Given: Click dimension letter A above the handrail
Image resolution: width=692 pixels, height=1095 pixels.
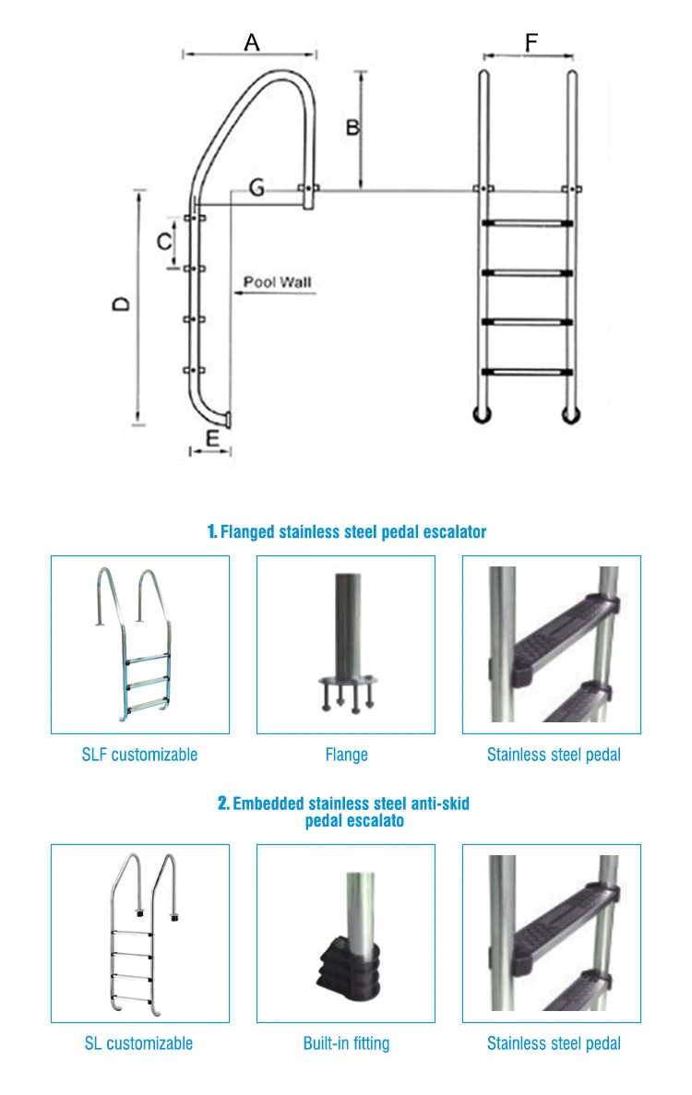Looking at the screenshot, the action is (x=251, y=42).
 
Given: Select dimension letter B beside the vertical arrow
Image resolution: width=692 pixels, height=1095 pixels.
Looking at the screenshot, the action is (x=352, y=127).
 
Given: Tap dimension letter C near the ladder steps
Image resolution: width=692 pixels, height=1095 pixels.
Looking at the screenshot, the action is (x=162, y=242).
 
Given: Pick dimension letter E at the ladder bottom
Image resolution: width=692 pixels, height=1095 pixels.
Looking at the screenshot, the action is (x=211, y=437).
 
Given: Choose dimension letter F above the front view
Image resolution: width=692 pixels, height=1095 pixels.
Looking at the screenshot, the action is (x=531, y=42).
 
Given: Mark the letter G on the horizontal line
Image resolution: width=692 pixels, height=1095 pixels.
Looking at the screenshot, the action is (x=257, y=188).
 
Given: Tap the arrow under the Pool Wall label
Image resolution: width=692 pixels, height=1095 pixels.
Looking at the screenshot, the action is (x=274, y=294).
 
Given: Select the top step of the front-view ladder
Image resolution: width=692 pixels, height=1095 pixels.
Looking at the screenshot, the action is (x=526, y=222).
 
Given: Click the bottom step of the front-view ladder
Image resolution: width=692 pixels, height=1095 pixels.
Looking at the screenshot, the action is (x=526, y=372).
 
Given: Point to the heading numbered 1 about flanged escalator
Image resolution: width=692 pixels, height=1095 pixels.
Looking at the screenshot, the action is (x=346, y=531).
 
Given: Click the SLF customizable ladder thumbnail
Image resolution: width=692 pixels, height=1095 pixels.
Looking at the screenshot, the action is (x=139, y=644).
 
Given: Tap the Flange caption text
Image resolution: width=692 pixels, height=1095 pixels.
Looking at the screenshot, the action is (x=346, y=755).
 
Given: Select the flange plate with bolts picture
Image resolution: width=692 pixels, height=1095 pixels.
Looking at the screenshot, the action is (x=346, y=687).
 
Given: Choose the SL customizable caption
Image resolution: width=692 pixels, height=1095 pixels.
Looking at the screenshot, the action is (x=139, y=1043).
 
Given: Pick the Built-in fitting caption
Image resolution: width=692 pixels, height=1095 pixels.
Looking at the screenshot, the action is (x=346, y=1043).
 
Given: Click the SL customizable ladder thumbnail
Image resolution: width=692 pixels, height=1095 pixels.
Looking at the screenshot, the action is (x=139, y=933).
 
